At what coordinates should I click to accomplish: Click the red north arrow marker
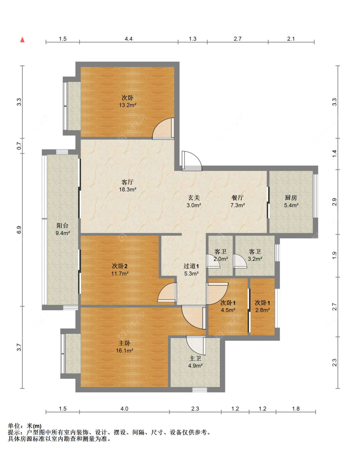[22, 40]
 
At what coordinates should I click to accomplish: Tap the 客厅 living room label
[128, 182]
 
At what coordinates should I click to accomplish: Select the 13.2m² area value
[128, 105]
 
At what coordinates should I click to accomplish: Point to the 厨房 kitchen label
[291, 198]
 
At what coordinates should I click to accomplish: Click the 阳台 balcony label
[62, 226]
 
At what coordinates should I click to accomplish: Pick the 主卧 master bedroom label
[124, 343]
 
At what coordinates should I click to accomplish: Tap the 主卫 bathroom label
[195, 359]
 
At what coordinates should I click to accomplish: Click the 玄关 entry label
[194, 198]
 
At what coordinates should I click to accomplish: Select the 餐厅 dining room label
[237, 198]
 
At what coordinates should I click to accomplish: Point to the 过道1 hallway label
[191, 266]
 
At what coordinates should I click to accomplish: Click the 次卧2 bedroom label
[120, 266]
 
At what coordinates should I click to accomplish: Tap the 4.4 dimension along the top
[129, 39]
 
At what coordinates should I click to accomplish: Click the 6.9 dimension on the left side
[19, 230]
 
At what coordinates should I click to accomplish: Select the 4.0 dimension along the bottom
[124, 409]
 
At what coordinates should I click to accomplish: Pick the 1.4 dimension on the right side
[334, 154]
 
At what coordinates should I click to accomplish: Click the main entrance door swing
[192, 161]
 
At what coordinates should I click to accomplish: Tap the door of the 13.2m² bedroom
[163, 128]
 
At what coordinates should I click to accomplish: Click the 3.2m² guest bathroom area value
[255, 259]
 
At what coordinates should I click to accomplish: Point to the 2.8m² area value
[263, 310]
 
